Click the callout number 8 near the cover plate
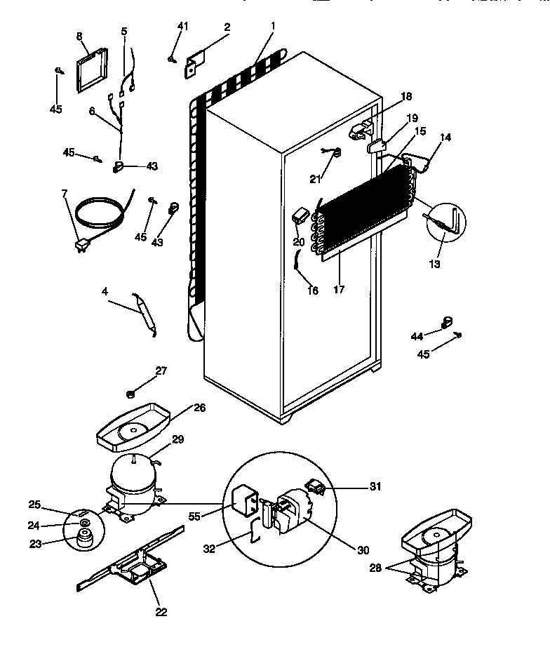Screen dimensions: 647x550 (79, 35)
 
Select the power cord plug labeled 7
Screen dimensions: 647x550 (81, 246)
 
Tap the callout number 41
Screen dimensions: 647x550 (182, 26)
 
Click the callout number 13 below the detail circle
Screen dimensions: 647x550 (435, 264)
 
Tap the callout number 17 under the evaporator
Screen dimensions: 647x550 (339, 289)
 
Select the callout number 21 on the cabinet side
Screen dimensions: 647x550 (315, 179)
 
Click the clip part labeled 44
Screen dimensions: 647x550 (445, 321)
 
